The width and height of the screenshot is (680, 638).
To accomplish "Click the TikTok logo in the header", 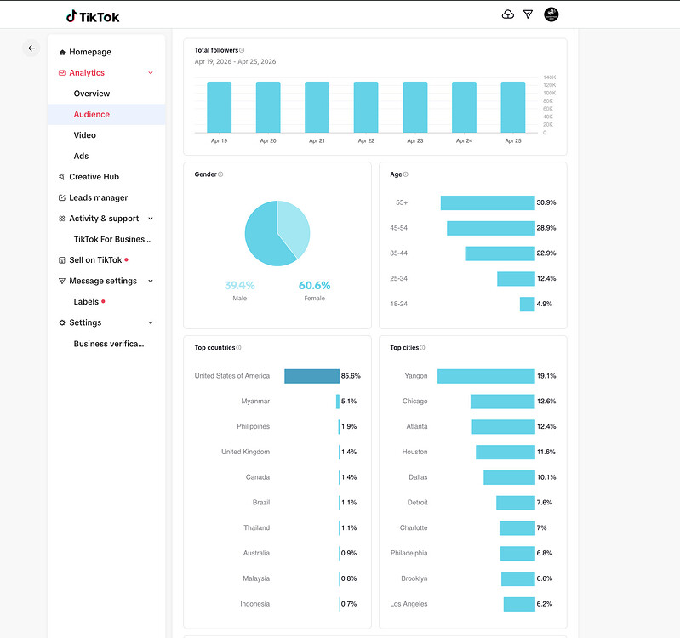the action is [x=93, y=16].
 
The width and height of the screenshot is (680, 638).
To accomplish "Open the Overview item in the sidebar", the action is [x=92, y=94].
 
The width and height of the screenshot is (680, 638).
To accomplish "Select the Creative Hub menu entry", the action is [x=94, y=177].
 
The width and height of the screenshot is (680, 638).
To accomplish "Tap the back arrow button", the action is [x=31, y=48].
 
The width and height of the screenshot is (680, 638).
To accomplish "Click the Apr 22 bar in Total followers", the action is [x=366, y=107].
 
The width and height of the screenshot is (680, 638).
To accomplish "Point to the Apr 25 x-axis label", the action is [x=513, y=141].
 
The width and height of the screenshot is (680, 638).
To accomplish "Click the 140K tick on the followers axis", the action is [x=549, y=77].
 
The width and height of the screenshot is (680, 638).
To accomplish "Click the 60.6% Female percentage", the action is [x=314, y=285].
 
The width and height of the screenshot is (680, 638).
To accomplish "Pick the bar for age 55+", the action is [x=488, y=202].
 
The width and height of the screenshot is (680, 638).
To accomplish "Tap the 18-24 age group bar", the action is [x=528, y=305].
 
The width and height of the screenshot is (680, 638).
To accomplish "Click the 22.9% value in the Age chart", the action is [x=546, y=253].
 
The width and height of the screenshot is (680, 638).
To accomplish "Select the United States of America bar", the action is [x=311, y=376].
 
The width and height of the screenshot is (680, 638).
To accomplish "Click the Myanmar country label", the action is [x=255, y=402].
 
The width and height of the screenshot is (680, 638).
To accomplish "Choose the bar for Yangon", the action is [x=486, y=376].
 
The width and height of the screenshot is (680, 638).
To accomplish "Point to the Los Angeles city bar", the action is [x=519, y=604].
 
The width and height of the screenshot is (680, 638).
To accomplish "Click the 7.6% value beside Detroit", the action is [x=545, y=503].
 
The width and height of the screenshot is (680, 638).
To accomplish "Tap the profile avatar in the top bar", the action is [x=551, y=14].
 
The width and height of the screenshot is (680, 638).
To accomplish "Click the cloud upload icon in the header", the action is [x=508, y=14].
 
